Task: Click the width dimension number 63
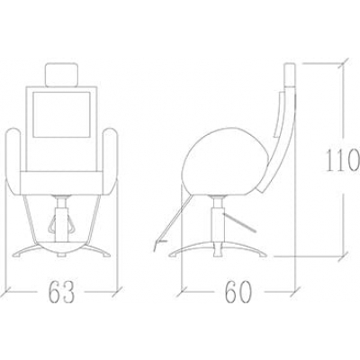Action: pyautogui.click(x=61, y=292)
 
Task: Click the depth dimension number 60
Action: pyautogui.click(x=238, y=292)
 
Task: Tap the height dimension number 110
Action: pyautogui.click(x=343, y=161)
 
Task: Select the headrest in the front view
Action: pyautogui.click(x=61, y=75)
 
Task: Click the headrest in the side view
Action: pyautogui.click(x=290, y=74)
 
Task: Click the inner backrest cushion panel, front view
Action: pyautogui.click(x=61, y=114)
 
